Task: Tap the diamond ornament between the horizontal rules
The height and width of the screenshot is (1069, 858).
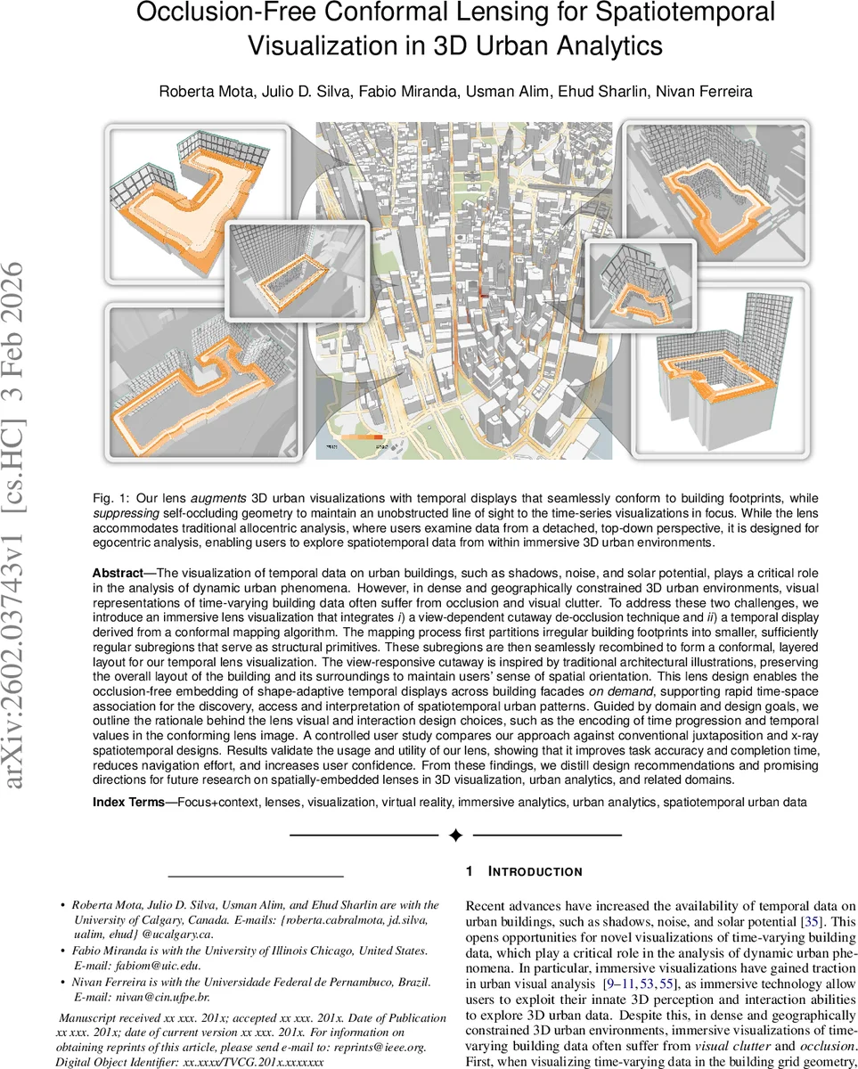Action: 455,836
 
